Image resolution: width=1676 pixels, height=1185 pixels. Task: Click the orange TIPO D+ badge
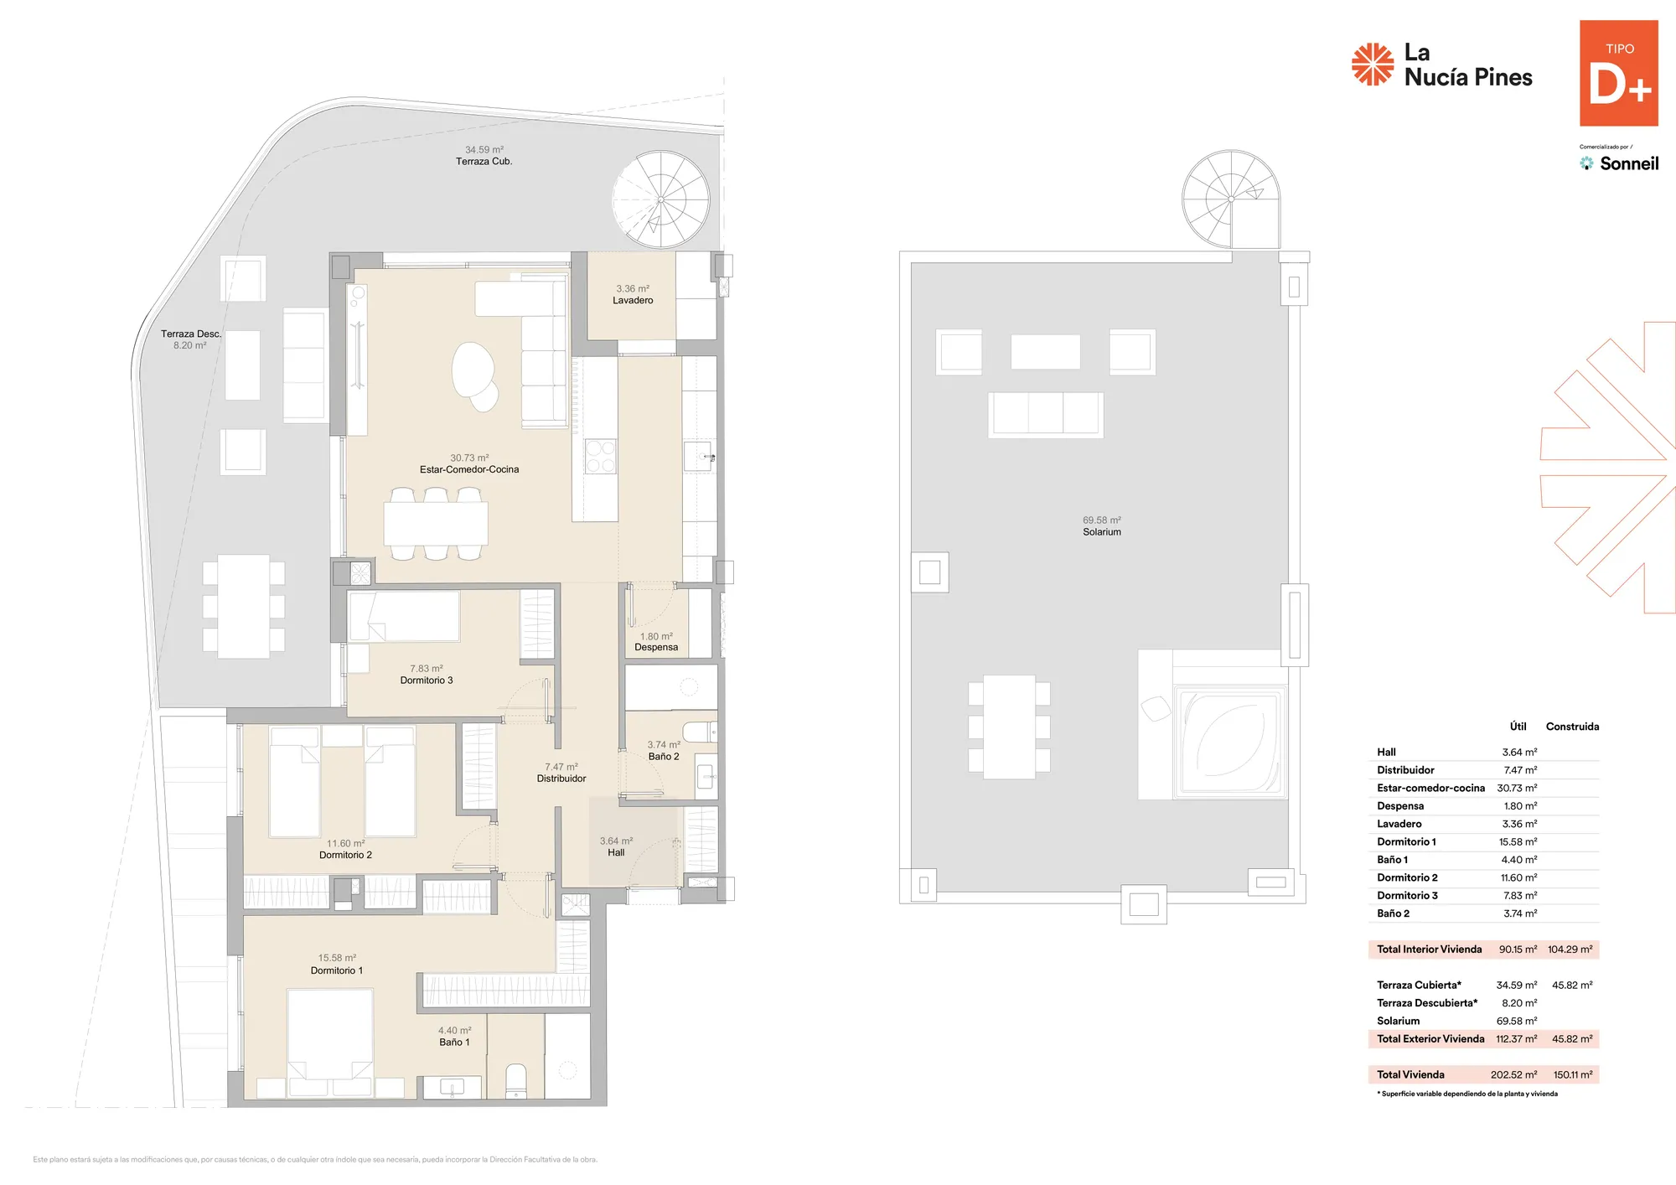coord(1618,73)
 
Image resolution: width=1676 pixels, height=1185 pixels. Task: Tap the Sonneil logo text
coord(1629,163)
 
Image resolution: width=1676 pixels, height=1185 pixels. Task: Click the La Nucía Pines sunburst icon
coord(1373,65)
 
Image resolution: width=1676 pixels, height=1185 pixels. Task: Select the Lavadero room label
coord(633,300)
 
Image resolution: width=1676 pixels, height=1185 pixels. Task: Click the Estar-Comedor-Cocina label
coord(469,469)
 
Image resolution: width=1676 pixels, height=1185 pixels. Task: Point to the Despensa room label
coord(656,647)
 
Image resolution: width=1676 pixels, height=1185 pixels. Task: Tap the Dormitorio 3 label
coord(427,680)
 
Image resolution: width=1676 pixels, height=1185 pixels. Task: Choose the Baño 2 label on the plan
coord(664,756)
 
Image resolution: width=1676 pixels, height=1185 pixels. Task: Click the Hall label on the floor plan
coord(616,852)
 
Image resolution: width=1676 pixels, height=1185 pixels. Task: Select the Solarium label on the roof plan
coord(1102,532)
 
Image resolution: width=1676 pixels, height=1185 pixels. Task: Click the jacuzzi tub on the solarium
coord(1229,741)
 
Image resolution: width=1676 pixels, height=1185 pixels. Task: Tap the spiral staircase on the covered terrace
coord(661,199)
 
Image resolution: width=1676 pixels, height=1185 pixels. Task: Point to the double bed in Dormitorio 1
coord(330,1043)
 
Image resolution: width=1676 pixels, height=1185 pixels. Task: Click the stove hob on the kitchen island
coord(600,457)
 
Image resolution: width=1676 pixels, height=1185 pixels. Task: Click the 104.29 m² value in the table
coord(1570,950)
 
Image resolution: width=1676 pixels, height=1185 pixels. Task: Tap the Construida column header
coord(1572,727)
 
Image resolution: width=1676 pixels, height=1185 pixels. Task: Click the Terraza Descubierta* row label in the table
coord(1427,1003)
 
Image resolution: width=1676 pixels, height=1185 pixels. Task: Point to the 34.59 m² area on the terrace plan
coord(484,150)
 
